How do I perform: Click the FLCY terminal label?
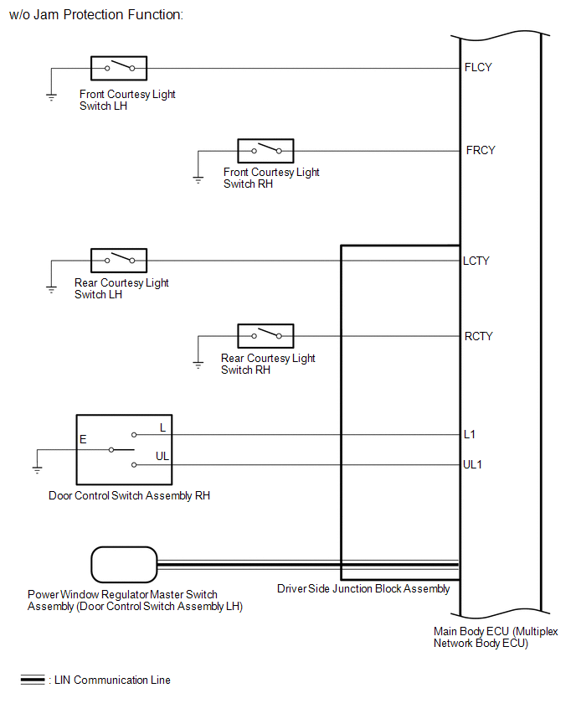click(x=478, y=67)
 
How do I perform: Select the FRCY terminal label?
click(x=481, y=150)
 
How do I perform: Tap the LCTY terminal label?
click(x=476, y=261)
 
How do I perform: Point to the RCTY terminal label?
click(x=478, y=337)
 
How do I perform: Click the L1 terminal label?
click(x=469, y=434)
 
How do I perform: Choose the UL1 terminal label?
click(x=472, y=464)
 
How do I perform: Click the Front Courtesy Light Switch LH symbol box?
click(x=119, y=69)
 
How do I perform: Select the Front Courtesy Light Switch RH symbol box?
click(x=265, y=151)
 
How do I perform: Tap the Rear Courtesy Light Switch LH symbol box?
click(x=119, y=261)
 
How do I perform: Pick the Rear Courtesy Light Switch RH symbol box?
click(x=265, y=336)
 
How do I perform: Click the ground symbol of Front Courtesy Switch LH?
click(x=51, y=96)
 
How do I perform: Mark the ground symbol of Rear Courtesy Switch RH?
click(x=198, y=365)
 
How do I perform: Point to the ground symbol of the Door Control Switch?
click(x=38, y=470)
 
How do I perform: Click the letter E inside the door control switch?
click(x=83, y=439)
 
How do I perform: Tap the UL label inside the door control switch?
click(x=162, y=456)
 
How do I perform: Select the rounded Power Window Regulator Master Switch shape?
click(x=124, y=565)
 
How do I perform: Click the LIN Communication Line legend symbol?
click(x=33, y=680)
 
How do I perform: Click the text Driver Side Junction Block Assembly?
click(x=363, y=589)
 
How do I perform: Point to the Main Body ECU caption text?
click(x=495, y=637)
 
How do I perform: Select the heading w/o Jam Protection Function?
click(x=96, y=14)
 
